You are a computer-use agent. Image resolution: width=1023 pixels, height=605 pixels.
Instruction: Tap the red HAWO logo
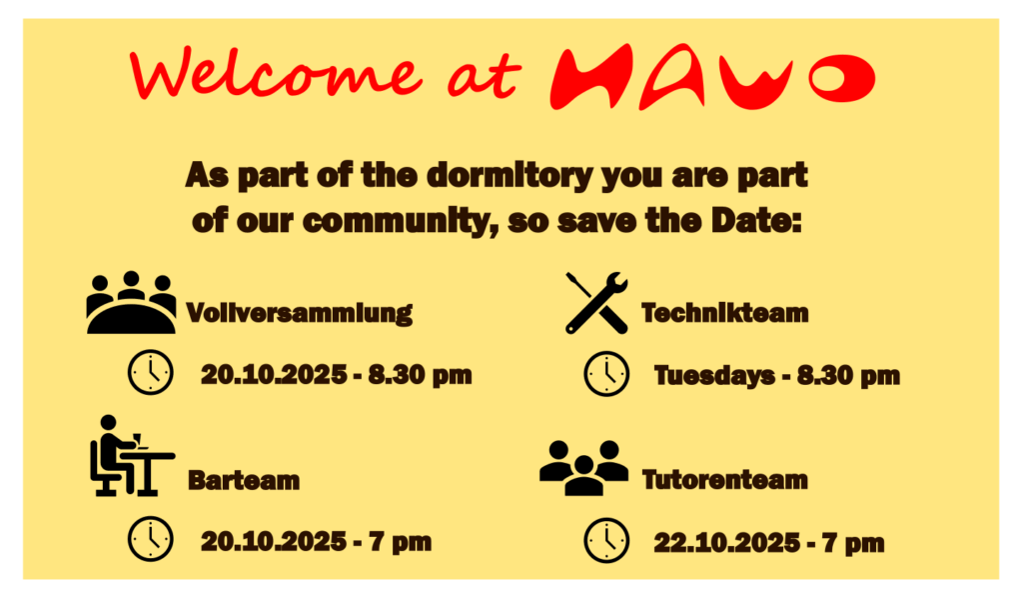coord(712,76)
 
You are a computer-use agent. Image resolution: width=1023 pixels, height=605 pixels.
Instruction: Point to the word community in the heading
coord(397,221)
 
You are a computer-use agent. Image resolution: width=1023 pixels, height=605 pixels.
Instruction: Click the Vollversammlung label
coord(299,312)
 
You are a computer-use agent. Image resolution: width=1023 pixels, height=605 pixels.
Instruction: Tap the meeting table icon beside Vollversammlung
coord(131,302)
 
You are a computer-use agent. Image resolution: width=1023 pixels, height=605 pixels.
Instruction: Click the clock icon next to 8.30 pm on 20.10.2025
coord(151,372)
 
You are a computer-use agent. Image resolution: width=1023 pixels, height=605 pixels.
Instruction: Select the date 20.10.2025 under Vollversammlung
coord(274,374)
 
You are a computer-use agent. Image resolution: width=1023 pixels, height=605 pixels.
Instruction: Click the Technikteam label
coord(725,313)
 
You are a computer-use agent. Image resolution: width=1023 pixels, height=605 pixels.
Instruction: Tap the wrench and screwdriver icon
coord(596,303)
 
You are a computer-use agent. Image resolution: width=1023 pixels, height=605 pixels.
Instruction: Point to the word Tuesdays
coord(715,376)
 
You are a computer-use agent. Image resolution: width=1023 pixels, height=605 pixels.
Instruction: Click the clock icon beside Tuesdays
coord(606,374)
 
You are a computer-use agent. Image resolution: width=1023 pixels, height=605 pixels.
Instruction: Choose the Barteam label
coord(244,480)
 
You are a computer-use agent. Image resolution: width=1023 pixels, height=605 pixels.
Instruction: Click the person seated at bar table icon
coord(132,455)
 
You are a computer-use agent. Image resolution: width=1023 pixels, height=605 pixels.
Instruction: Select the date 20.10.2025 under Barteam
coord(274,542)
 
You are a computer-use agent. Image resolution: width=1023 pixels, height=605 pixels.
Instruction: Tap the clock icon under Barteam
coord(151,539)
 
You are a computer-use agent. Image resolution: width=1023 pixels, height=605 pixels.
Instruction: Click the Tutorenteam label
coord(725,480)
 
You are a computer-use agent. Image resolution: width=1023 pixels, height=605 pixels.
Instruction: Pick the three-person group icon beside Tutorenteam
coord(583,468)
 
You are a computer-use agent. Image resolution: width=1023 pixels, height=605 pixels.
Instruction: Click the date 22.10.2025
coord(727,543)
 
